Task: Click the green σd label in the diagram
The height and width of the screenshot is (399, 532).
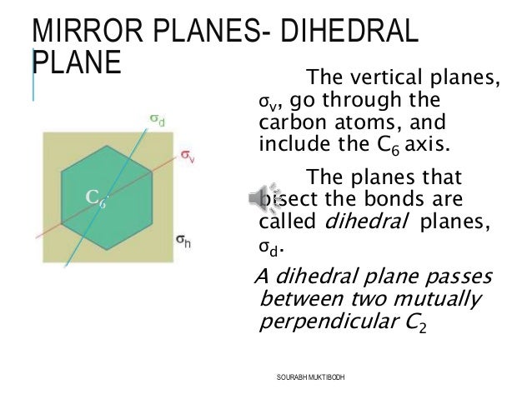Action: tap(156, 120)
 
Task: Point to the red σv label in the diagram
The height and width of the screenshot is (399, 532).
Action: tap(187, 155)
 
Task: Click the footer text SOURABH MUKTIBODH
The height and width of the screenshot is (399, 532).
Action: tap(310, 377)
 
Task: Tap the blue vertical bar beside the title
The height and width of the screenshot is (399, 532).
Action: tap(33, 74)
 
